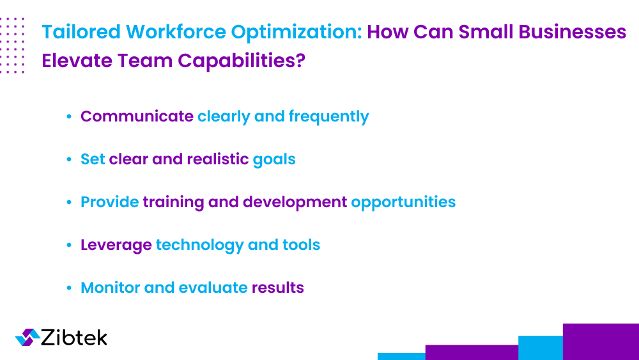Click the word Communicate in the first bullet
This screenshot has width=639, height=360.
pos(137,116)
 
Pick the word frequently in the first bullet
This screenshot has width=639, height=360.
pos(328,116)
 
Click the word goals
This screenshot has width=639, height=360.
pos(274,159)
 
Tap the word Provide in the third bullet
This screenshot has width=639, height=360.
pos(109,202)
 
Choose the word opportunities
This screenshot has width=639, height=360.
pos(403,202)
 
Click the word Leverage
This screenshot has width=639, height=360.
pos(116,245)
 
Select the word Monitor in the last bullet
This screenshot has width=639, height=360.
pos(110,288)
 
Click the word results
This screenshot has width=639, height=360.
pos(277,288)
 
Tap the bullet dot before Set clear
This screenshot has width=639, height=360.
pos(68,159)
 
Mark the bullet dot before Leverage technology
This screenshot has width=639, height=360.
pos(68,246)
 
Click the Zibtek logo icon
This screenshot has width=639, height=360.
pos(27,338)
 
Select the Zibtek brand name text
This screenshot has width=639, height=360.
pos(74,338)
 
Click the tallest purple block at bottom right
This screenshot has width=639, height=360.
pos(601,341)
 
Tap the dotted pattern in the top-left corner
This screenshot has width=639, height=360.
pos(13,45)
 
